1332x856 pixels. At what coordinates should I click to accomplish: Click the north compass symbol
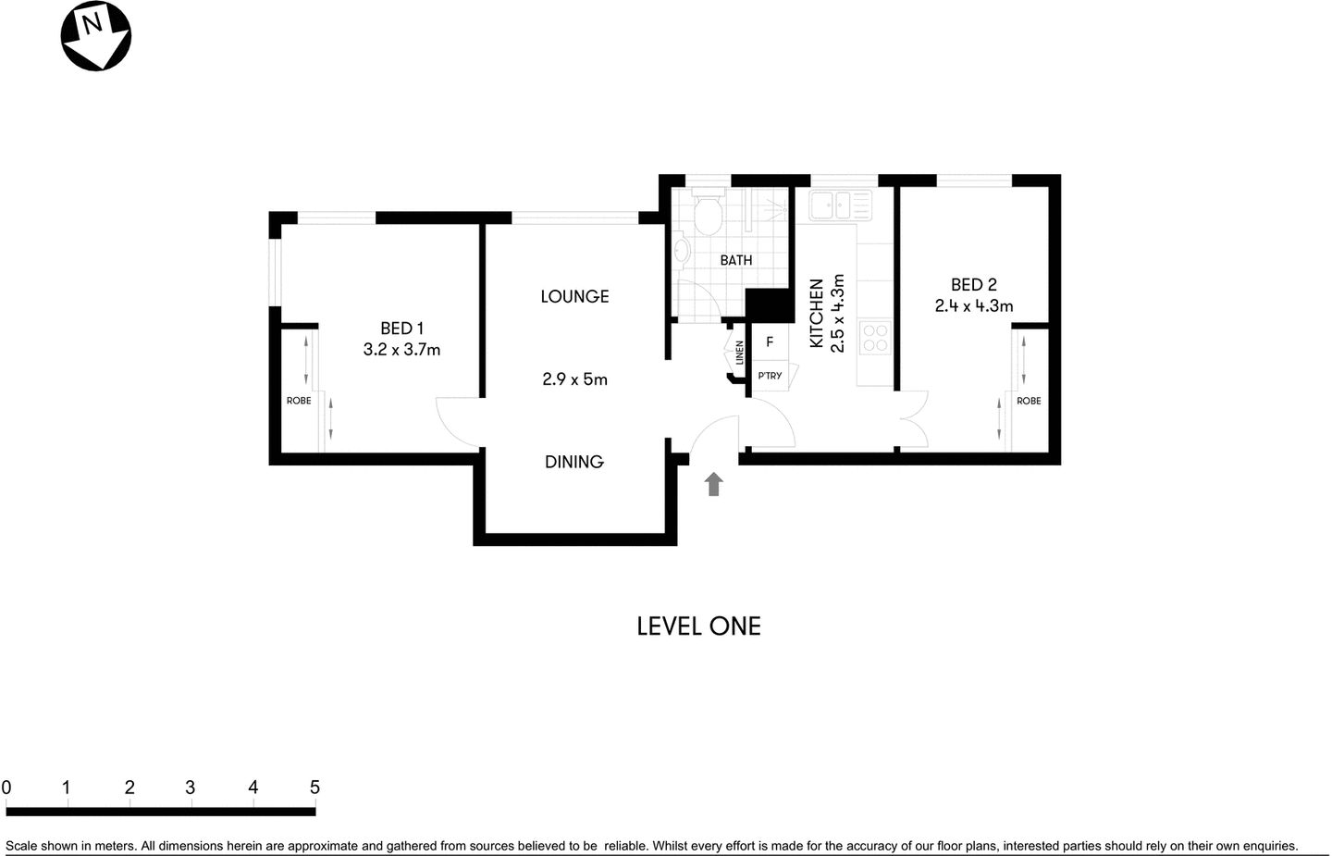pyautogui.click(x=95, y=35)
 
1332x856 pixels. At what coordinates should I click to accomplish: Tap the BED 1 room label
pyautogui.click(x=401, y=328)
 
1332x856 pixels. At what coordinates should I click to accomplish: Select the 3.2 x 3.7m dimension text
pyautogui.click(x=401, y=350)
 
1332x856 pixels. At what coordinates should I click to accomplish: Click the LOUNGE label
pyautogui.click(x=574, y=296)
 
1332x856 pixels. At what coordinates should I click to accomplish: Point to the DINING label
pyautogui.click(x=573, y=462)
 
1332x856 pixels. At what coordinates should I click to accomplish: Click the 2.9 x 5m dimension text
pyautogui.click(x=574, y=378)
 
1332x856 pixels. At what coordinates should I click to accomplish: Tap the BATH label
pyautogui.click(x=736, y=260)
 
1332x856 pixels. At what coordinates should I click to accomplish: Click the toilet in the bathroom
pyautogui.click(x=709, y=212)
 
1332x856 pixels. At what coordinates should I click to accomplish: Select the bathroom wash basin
pyautogui.click(x=682, y=251)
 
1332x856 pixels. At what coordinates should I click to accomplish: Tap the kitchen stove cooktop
pyautogui.click(x=875, y=338)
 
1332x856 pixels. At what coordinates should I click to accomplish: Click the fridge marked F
pyautogui.click(x=770, y=342)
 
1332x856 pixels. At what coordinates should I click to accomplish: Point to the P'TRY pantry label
pyautogui.click(x=770, y=376)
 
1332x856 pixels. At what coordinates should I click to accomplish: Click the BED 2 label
pyautogui.click(x=973, y=285)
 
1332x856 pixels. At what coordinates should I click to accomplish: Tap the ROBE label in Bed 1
pyautogui.click(x=299, y=401)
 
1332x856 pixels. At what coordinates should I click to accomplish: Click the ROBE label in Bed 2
pyautogui.click(x=1029, y=401)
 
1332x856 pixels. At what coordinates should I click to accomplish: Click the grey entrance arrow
pyautogui.click(x=713, y=484)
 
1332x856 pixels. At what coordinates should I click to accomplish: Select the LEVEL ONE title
pyautogui.click(x=698, y=626)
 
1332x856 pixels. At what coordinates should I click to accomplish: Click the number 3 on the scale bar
pyautogui.click(x=191, y=788)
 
